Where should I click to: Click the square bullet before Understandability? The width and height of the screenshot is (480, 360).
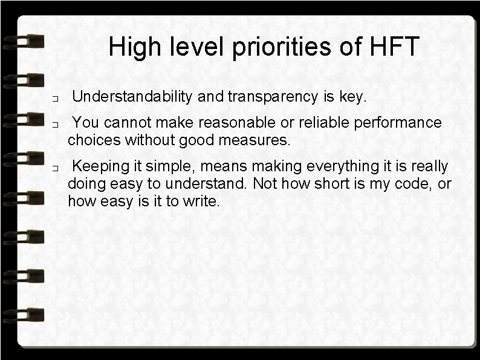pyautogui.click(x=54, y=98)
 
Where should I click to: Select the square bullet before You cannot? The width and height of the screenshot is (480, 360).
pyautogui.click(x=54, y=125)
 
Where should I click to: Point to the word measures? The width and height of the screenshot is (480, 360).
pyautogui.click(x=260, y=141)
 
